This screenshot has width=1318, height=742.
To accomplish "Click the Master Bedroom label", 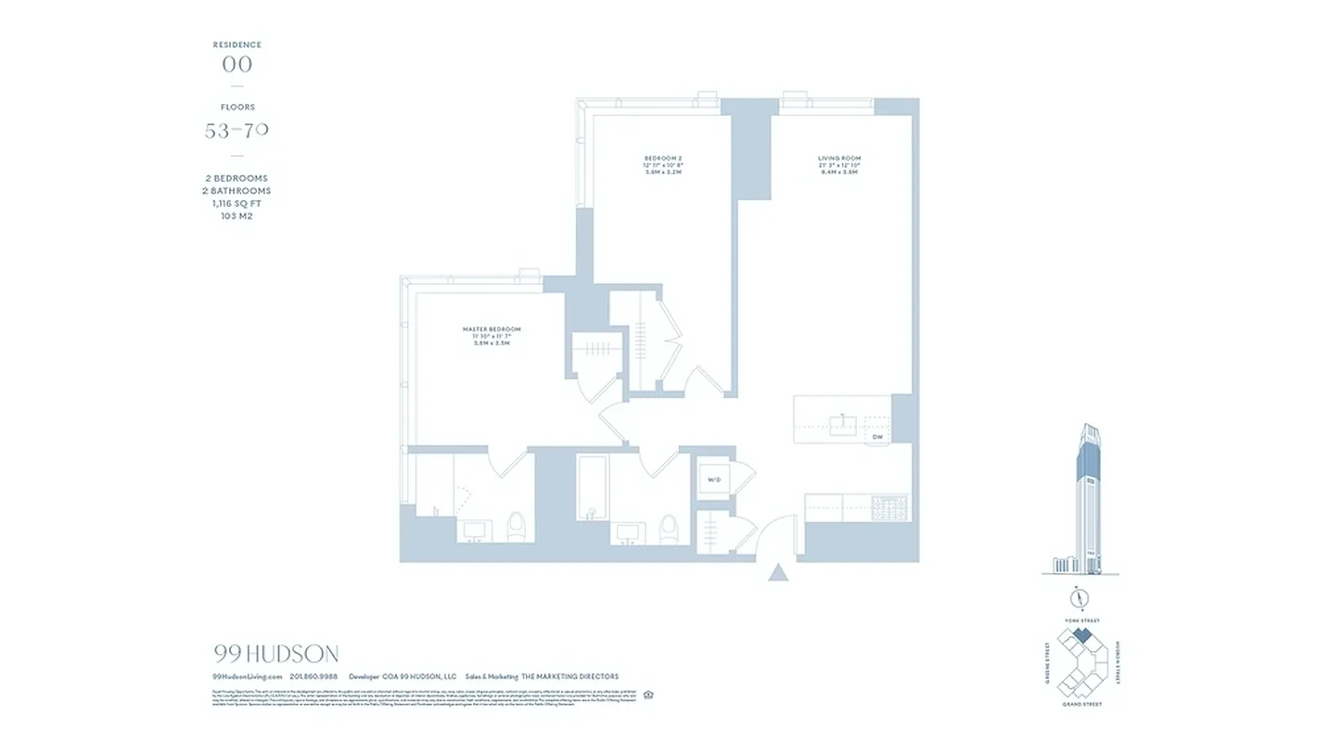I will (x=492, y=329).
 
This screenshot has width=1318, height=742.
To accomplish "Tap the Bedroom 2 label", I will (x=663, y=159).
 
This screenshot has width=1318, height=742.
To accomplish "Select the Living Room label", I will (x=839, y=159).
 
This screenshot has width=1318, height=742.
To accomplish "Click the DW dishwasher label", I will (x=877, y=436).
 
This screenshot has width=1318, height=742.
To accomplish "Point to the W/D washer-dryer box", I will (x=714, y=480).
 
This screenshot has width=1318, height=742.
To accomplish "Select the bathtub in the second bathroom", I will (x=591, y=488).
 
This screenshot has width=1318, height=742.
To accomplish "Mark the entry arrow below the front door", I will (x=778, y=572).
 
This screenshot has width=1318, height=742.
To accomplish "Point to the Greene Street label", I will (x=1047, y=661).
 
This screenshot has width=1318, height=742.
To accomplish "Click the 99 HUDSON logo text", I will (x=275, y=653).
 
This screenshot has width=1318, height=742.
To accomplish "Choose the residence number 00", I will (x=237, y=64).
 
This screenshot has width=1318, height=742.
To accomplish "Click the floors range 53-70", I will (x=237, y=131).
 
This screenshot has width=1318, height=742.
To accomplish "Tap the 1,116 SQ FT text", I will (x=237, y=203).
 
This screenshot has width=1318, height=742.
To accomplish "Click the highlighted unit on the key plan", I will (x=1081, y=637).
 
